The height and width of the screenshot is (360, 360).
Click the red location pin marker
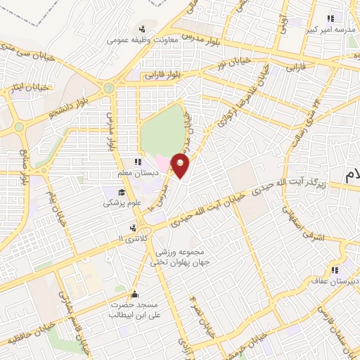pos(181,167)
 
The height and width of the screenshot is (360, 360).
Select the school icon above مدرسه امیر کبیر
pos(329,19)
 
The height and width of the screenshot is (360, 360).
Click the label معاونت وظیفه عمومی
pos(143,40)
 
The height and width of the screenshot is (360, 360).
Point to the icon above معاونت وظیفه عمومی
pos(143,29)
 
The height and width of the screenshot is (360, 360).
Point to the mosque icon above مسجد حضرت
pos(135,294)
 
